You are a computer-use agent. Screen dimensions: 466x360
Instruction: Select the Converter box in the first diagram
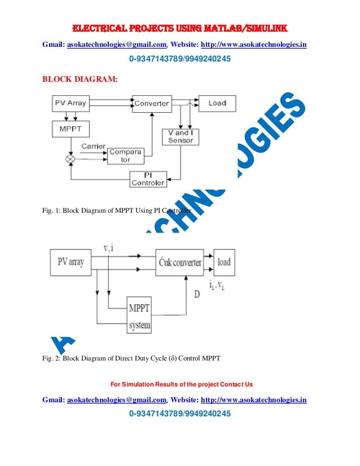152,103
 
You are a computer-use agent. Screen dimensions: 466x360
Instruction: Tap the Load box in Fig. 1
217,103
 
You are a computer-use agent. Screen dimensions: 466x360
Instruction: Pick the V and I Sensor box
181,137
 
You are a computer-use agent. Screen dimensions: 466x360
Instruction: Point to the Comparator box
126,156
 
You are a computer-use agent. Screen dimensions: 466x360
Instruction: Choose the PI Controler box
148,179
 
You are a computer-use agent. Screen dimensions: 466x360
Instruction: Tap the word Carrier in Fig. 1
93,147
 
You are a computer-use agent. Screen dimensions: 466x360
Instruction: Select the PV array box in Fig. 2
71,262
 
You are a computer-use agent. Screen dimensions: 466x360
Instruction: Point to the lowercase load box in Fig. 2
224,262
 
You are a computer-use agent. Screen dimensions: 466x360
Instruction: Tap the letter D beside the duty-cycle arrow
196,294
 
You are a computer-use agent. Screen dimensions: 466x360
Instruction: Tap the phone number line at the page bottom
180,415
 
